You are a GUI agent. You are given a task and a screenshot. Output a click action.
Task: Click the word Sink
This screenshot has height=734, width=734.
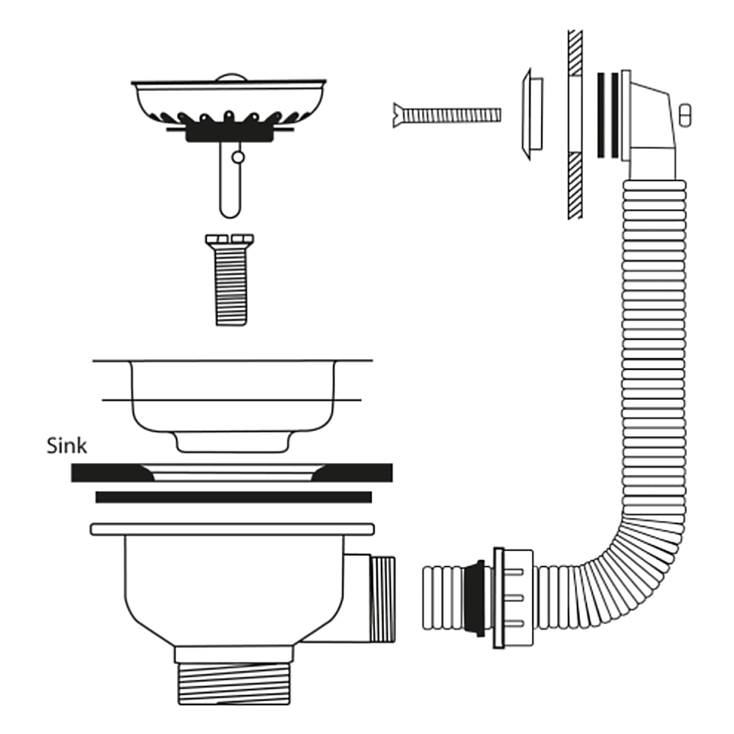click(x=67, y=445)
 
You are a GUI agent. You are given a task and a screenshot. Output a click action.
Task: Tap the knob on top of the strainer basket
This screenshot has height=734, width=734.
click(x=230, y=76)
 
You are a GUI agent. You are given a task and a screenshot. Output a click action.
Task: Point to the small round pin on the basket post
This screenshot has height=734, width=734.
click(x=237, y=156)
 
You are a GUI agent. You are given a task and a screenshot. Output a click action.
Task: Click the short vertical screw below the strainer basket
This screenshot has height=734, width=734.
click(x=230, y=286)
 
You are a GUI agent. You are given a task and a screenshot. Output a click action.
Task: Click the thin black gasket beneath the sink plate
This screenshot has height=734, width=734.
click(x=233, y=497)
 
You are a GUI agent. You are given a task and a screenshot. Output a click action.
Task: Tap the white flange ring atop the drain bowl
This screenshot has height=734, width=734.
click(x=232, y=528)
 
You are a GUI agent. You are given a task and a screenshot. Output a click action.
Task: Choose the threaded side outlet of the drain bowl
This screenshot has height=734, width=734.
click(x=382, y=598)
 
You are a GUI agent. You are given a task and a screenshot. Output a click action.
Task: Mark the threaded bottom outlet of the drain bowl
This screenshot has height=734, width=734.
click(x=233, y=683)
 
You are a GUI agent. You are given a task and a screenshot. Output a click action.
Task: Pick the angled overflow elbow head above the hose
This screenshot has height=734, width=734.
click(x=650, y=125)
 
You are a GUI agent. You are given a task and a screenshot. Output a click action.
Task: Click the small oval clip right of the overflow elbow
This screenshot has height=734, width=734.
click(x=686, y=115)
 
